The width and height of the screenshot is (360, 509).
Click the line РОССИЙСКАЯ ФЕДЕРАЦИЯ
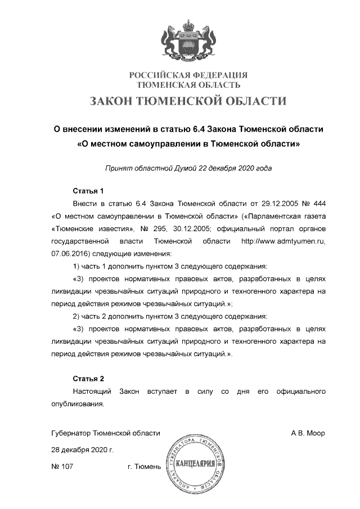(x=188, y=75)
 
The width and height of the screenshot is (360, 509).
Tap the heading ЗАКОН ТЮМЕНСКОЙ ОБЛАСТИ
(x=188, y=101)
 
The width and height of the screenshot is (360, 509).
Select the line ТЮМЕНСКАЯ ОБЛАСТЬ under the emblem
(x=188, y=85)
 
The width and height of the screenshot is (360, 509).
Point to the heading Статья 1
(x=88, y=190)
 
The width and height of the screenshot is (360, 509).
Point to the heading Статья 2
(x=88, y=378)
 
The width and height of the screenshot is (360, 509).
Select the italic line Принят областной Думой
(x=188, y=168)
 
